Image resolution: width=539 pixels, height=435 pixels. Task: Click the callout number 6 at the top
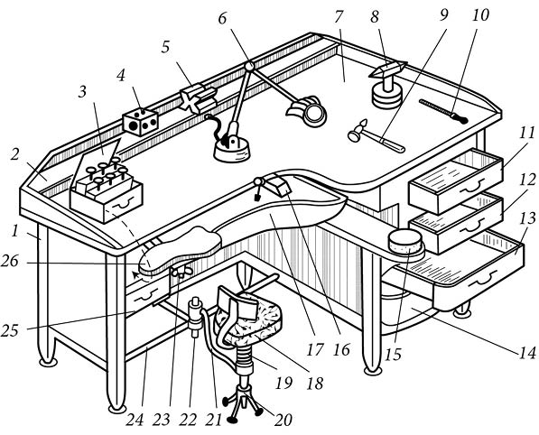pos(222,19)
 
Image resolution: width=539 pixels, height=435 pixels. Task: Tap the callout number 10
pos(480,15)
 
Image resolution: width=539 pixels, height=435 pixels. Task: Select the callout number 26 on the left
pos(9,262)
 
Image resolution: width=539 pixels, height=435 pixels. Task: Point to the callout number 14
pos(527,352)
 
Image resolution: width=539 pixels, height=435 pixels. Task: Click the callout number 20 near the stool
pos(283,420)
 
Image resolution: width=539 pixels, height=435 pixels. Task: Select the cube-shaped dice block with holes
pos(140,122)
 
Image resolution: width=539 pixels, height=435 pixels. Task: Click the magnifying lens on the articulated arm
pos(313,114)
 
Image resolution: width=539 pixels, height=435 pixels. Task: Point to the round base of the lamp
pos(232,151)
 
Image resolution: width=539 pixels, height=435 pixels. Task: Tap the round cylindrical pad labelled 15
pos(405,242)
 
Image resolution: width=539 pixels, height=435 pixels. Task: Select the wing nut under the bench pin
pos(181,273)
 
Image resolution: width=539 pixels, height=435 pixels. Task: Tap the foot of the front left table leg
pos(116,409)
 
